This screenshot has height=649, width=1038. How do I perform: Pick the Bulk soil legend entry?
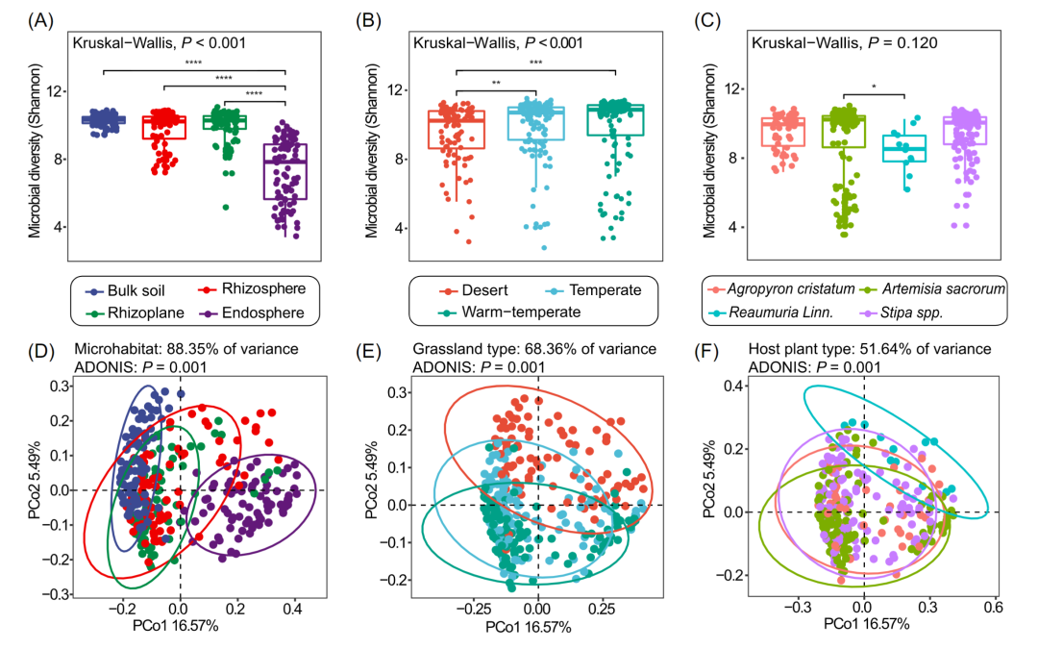[x=123, y=289]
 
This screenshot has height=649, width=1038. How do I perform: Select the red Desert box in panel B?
[x=457, y=130]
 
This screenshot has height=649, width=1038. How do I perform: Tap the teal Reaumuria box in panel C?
[x=904, y=148]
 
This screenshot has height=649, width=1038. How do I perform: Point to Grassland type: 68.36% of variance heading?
[x=533, y=348]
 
